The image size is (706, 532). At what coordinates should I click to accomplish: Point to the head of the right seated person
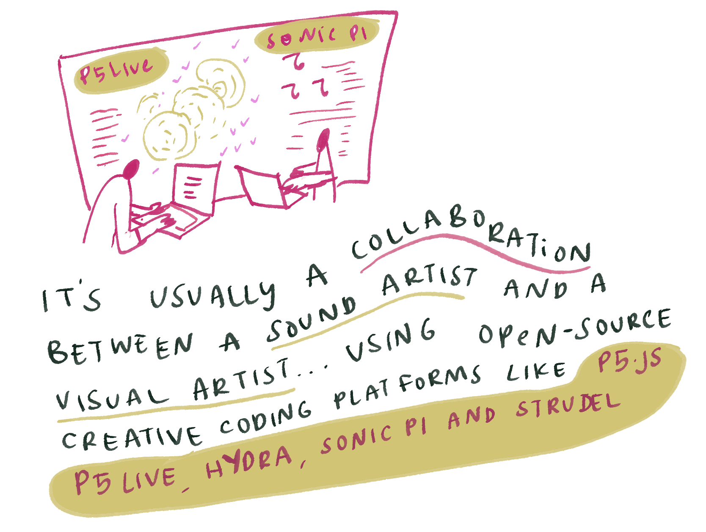pos(323,140)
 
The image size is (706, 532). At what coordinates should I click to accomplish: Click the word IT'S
pos(72,299)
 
